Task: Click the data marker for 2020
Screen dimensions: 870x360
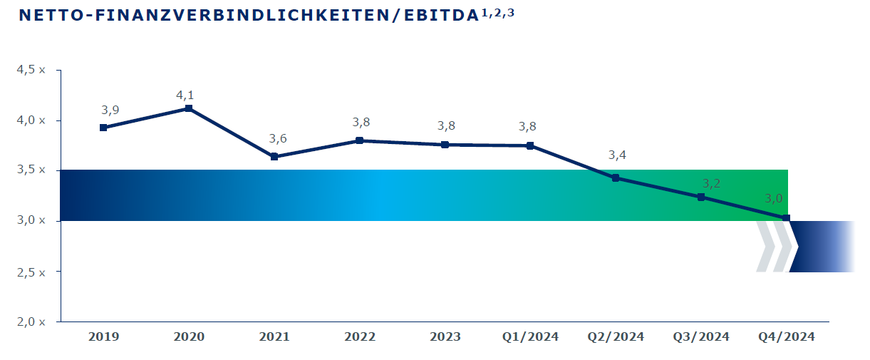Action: click(189, 108)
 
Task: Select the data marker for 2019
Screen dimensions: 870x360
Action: click(103, 128)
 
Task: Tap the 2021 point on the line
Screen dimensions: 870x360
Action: click(274, 157)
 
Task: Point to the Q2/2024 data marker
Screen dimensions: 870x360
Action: click(616, 178)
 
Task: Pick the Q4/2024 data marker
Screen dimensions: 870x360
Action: click(786, 218)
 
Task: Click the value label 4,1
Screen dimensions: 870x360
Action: click(185, 96)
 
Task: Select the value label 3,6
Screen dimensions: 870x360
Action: click(278, 138)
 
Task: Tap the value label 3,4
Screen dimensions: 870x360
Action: click(617, 155)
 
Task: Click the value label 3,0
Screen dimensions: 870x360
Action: click(774, 199)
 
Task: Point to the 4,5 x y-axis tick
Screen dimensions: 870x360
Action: click(31, 70)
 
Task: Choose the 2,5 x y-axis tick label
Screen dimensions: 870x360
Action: click(31, 272)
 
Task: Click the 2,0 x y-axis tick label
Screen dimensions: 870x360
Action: click(31, 322)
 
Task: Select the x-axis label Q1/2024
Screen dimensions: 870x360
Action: click(530, 336)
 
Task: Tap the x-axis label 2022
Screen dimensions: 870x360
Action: click(360, 336)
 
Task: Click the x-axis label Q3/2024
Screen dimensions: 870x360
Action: click(701, 336)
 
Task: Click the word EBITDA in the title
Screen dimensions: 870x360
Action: click(441, 15)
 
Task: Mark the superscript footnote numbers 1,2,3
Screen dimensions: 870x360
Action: click(498, 14)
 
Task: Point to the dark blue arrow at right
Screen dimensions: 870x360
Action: click(822, 247)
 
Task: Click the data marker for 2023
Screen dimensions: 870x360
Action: click(445, 145)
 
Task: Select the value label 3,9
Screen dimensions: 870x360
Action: click(110, 110)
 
